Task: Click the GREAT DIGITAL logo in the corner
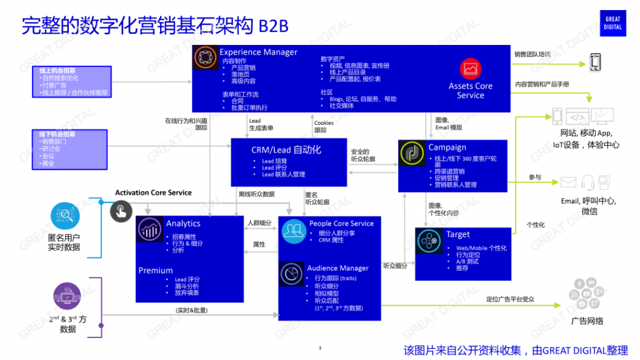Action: click(x=613, y=23)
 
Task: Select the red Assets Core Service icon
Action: click(x=470, y=68)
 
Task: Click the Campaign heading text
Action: click(x=447, y=147)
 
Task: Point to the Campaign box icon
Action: click(x=413, y=154)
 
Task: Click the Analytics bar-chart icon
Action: click(x=150, y=229)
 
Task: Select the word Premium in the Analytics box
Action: click(x=156, y=271)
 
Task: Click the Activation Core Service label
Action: click(x=153, y=192)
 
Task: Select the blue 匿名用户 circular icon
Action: click(x=65, y=216)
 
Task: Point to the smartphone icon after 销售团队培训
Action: click(x=596, y=62)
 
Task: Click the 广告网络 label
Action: click(x=587, y=321)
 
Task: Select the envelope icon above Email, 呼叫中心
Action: click(x=568, y=182)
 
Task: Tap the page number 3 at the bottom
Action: click(x=319, y=348)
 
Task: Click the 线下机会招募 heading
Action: click(x=57, y=134)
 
